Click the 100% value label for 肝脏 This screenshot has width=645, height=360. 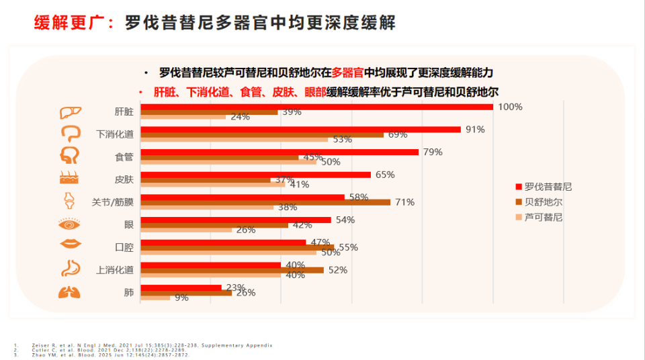coord(511,107)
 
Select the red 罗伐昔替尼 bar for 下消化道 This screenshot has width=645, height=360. coord(300,130)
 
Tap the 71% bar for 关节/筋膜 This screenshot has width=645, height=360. coord(265,202)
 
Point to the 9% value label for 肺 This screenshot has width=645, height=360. coord(181,298)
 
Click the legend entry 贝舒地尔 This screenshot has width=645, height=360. coord(544,202)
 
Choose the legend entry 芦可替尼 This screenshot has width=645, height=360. coord(544,217)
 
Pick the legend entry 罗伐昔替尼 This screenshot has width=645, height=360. coord(548,187)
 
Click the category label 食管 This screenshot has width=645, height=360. coord(124,157)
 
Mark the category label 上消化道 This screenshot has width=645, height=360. coord(115,270)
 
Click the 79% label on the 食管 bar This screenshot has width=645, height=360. coord(433,152)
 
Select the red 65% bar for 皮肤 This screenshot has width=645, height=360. coord(255,175)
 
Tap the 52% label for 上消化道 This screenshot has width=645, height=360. coord(338,270)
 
